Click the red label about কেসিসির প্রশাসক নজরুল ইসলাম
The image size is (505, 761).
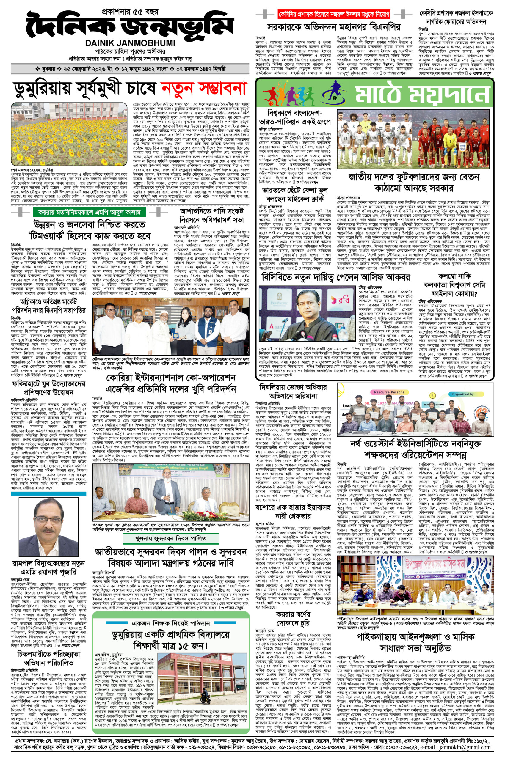[334, 14]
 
